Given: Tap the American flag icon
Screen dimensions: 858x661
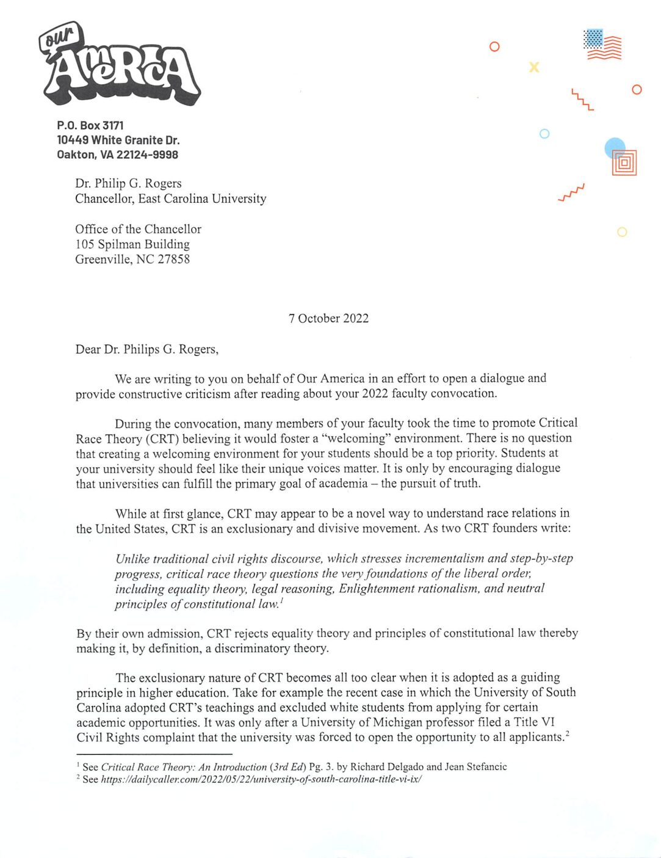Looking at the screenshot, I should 602,45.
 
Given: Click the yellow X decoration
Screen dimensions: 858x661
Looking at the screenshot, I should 534,67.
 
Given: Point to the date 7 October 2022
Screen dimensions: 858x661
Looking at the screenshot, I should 328,318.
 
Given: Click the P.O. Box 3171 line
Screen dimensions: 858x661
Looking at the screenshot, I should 90,125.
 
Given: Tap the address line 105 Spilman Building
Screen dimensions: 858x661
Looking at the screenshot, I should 132,244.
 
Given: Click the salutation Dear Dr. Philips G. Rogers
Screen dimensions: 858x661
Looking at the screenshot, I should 146,349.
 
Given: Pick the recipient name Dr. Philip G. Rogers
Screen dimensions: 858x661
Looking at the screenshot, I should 128,183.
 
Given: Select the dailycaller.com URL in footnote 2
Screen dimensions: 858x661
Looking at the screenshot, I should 261,779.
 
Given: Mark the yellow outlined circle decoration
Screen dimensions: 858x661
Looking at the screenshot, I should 622,232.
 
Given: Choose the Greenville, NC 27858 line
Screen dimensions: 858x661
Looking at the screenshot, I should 132,260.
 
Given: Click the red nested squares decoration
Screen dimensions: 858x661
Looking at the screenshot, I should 624,163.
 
